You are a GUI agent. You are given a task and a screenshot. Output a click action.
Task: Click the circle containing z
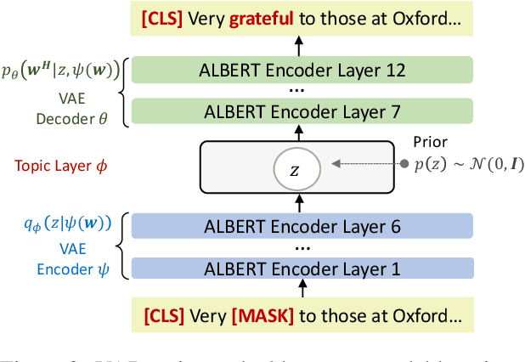[294, 169]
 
